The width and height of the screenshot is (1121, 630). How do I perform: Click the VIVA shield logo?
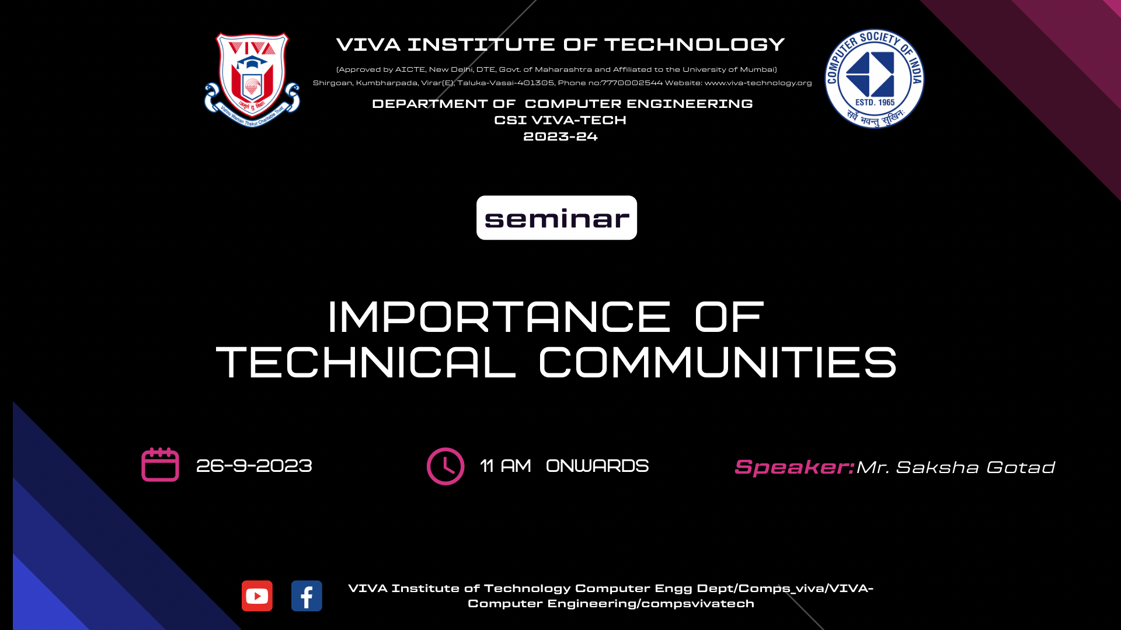click(252, 79)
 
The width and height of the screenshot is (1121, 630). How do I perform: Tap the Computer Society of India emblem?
click(874, 78)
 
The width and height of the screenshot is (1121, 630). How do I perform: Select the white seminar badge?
click(556, 218)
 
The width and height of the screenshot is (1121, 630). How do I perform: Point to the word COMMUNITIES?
click(718, 362)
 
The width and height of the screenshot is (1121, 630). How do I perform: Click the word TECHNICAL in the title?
click(366, 362)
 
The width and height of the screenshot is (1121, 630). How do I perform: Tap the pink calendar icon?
click(160, 464)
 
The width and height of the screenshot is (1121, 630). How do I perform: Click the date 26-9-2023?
click(254, 466)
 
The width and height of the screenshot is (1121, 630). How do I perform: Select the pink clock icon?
click(445, 466)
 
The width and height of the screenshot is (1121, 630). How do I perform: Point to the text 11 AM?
click(506, 466)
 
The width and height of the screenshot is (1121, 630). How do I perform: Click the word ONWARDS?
click(597, 466)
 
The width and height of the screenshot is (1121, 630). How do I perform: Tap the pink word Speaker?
click(795, 467)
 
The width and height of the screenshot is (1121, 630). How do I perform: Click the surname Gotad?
click(1021, 467)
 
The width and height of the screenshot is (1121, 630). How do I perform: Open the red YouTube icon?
click(257, 596)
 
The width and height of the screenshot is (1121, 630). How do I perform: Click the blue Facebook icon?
click(307, 596)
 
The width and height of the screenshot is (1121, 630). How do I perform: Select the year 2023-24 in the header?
click(560, 136)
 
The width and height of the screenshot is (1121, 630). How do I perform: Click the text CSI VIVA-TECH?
click(560, 120)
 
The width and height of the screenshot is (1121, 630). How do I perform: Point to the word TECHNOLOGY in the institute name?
click(694, 44)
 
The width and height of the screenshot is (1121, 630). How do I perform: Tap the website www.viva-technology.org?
click(758, 83)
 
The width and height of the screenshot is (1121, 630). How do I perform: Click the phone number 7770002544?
click(632, 83)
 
